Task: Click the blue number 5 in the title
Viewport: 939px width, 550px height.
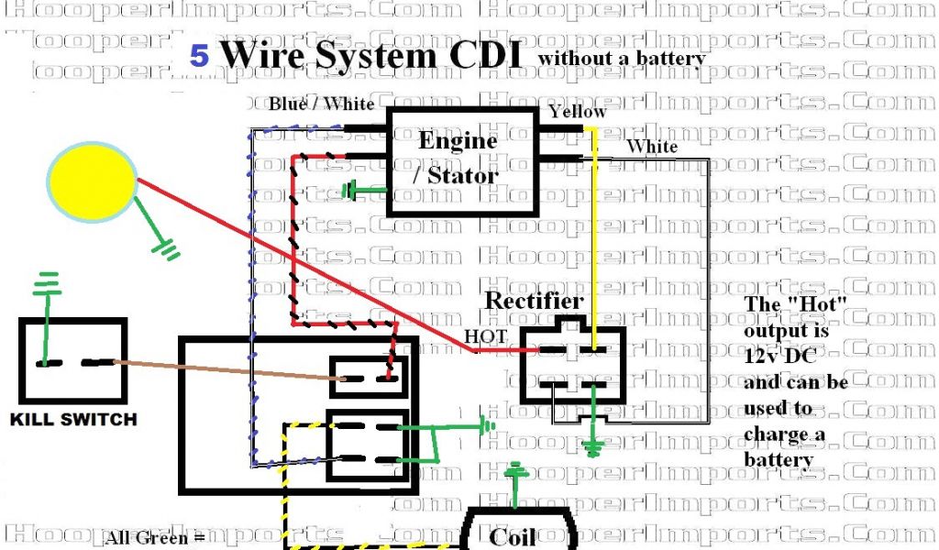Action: [199, 56]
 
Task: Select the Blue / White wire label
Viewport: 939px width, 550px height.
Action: [321, 104]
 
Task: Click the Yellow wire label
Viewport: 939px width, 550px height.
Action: [577, 112]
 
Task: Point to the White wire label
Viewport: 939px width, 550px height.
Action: [652, 146]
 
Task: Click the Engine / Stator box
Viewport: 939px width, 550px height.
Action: [461, 161]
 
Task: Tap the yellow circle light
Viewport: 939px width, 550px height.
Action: [93, 181]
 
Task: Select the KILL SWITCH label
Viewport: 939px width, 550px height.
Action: [73, 420]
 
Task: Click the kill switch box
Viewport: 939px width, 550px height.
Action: [72, 362]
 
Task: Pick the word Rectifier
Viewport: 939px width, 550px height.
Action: [533, 301]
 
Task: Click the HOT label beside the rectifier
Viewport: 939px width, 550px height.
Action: [485, 336]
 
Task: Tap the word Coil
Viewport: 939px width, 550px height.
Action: [513, 536]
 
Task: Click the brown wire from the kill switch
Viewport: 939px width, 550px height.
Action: [220, 370]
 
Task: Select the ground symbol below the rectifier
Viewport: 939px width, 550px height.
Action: [594, 448]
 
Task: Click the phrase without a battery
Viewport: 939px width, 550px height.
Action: [622, 60]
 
